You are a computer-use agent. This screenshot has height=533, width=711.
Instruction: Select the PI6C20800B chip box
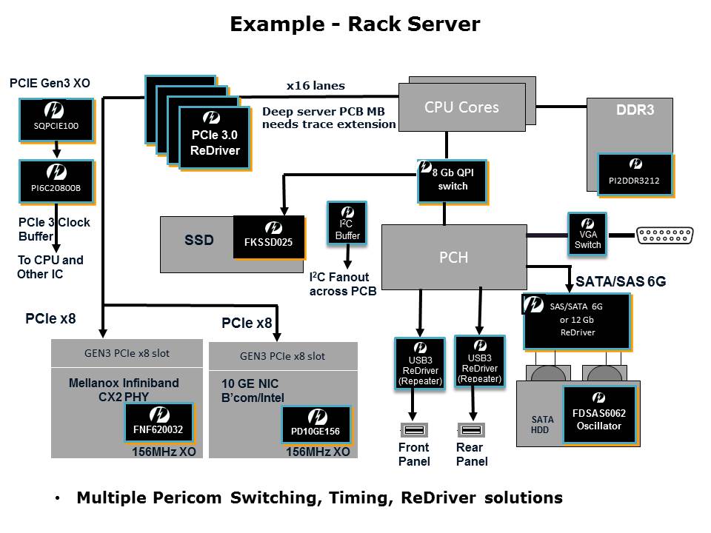[56, 182]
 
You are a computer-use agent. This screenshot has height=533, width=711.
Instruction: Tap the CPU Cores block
[461, 107]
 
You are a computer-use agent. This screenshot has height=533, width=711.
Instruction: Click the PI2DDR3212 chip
[635, 175]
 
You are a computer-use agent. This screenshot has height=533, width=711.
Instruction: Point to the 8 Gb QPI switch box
[452, 181]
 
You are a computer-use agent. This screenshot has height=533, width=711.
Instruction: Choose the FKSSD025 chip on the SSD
[269, 237]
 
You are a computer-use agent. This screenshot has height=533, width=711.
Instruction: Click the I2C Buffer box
[347, 224]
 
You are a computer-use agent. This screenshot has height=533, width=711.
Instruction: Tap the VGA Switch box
[587, 235]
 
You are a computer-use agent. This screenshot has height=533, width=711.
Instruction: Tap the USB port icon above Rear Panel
[471, 430]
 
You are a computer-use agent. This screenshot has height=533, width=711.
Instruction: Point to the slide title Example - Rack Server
[355, 24]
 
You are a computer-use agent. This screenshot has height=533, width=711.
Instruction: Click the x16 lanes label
[316, 86]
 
